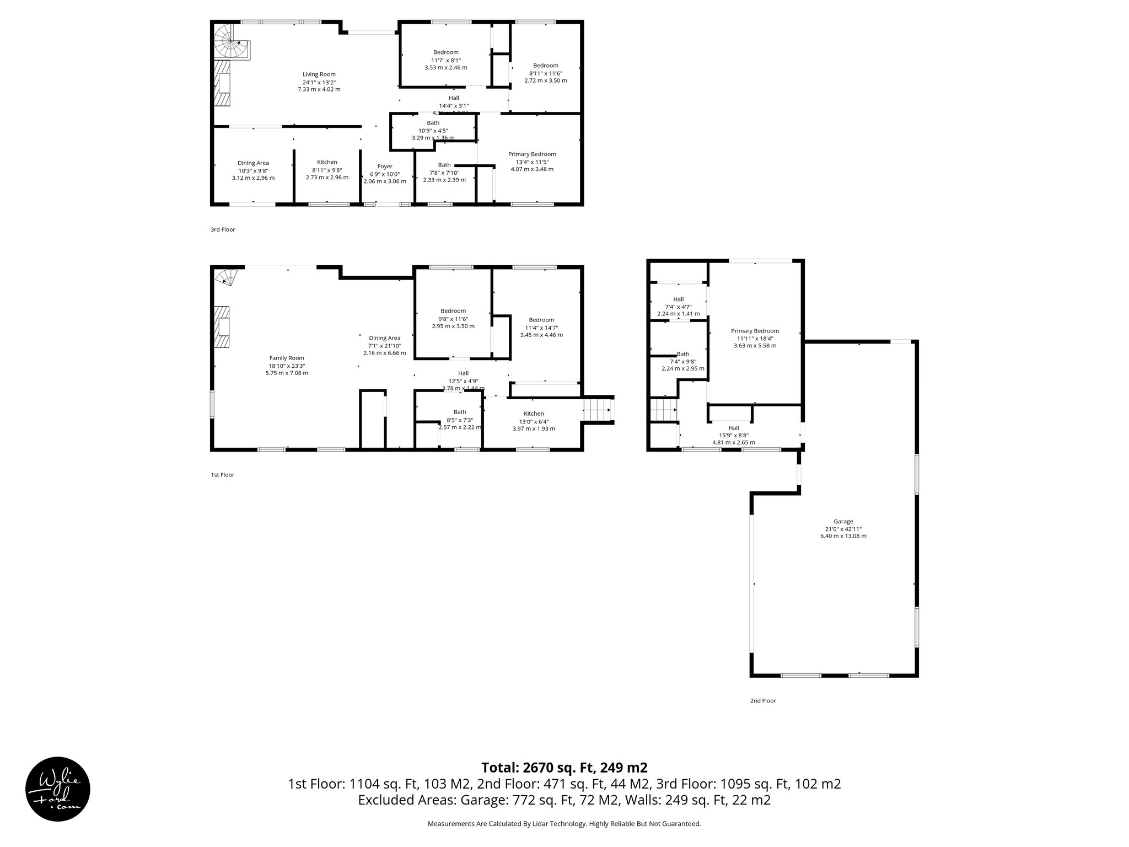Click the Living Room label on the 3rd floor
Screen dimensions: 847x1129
319,74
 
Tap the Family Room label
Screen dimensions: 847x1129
287,358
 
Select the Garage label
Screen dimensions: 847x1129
843,521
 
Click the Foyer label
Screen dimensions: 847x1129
385,167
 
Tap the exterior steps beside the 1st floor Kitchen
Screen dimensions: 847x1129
598,410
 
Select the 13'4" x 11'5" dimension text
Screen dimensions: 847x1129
531,162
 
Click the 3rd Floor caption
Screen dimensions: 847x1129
223,229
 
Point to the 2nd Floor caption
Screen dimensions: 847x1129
762,701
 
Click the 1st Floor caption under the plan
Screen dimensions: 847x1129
223,475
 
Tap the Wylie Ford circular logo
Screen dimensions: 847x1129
58,789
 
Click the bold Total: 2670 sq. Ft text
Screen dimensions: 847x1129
564,768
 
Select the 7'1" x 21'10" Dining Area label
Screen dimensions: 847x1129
385,346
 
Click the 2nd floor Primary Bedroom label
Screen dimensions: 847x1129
755,331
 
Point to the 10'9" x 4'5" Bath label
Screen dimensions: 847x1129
433,131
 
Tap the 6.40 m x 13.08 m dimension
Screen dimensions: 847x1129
843,536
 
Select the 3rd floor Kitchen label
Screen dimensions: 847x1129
327,162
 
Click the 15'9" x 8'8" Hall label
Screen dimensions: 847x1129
733,435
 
